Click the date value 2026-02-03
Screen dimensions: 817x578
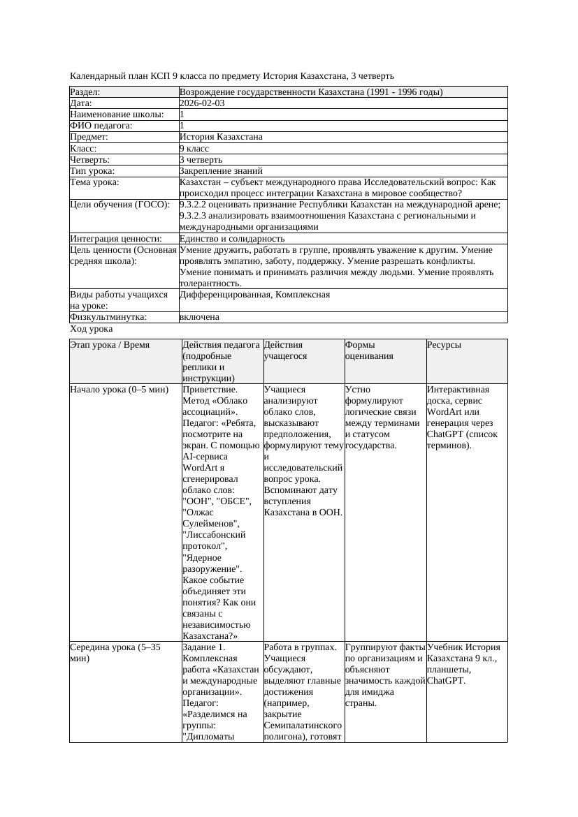202,103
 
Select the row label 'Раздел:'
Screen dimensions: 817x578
85,92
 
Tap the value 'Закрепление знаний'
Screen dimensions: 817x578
221,171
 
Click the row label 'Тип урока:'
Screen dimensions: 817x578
92,171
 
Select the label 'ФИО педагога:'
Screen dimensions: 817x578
101,126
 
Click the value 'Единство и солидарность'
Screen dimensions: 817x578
232,239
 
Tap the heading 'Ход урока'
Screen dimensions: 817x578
92,329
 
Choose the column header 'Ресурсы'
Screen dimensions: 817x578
445,345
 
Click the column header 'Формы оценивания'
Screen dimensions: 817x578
369,350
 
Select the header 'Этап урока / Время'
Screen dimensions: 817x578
110,345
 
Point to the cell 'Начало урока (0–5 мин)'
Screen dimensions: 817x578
120,390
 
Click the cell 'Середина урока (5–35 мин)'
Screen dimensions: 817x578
115,653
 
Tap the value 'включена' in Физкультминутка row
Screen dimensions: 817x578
199,317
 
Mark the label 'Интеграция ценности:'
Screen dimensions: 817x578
116,239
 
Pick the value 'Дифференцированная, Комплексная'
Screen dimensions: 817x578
254,295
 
